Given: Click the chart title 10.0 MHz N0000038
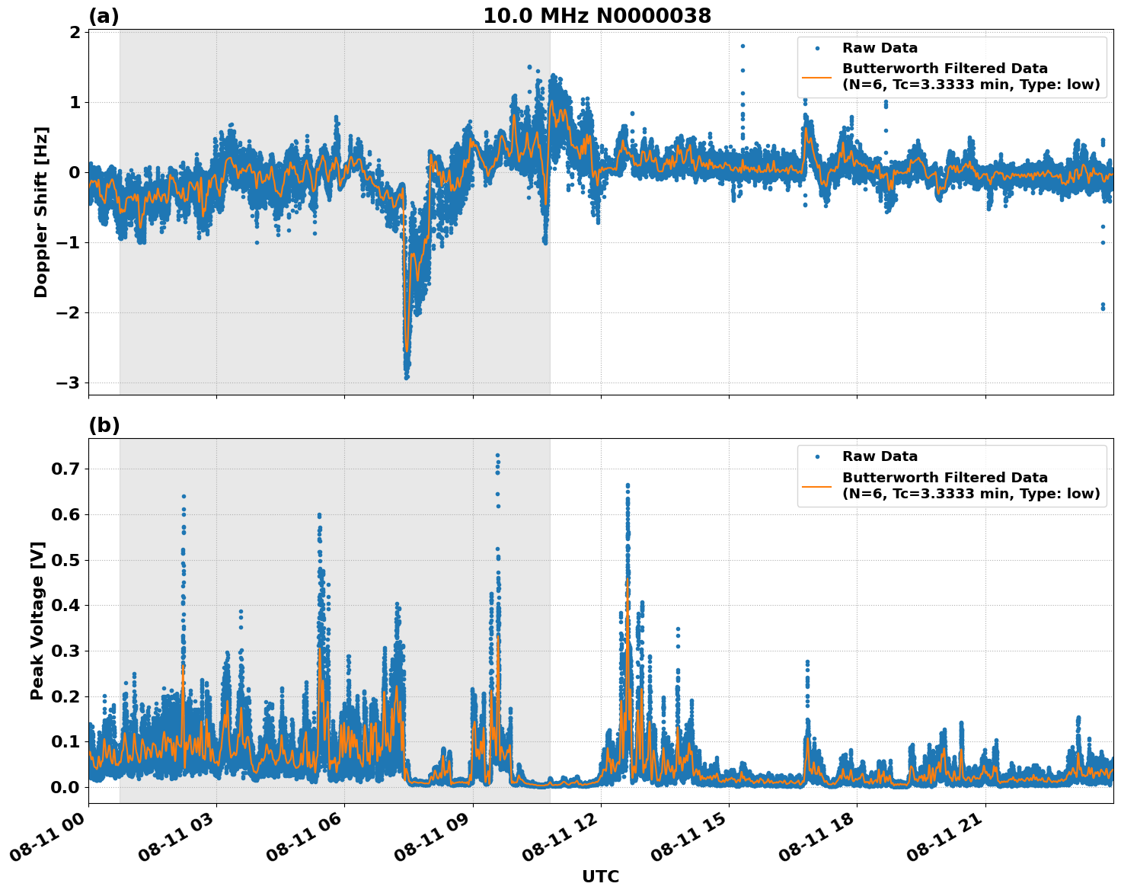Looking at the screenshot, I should [597, 16].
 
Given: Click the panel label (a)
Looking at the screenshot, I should [104, 16].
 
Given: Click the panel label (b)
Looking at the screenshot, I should [104, 425].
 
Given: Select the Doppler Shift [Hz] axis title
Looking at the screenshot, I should [41, 212].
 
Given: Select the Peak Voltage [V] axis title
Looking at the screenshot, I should [37, 620].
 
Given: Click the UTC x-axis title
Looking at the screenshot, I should [600, 876].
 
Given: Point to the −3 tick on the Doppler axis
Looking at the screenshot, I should [68, 383].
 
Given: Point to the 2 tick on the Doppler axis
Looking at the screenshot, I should [75, 32].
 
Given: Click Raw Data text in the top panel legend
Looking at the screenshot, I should [880, 48].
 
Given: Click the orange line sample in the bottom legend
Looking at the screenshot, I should [816, 485].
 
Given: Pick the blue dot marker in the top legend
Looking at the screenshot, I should [817, 48].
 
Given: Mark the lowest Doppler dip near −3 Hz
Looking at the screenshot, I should [407, 377].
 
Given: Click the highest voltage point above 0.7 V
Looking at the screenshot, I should [497, 455].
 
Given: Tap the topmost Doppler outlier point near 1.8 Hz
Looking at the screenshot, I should [743, 46].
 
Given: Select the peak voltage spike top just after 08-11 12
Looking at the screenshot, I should [628, 485].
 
